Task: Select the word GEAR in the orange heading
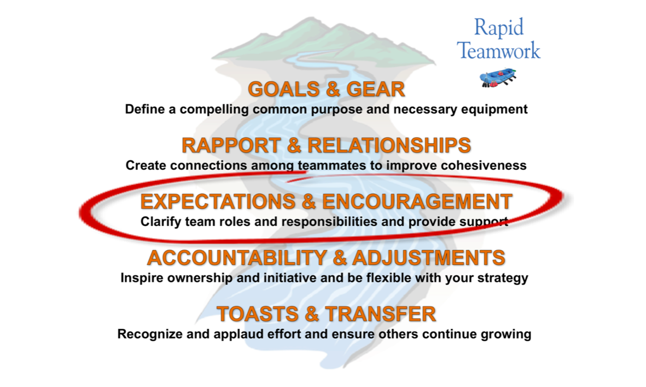(x=376, y=89)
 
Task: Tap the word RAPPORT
(x=231, y=146)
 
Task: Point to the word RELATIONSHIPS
(x=389, y=146)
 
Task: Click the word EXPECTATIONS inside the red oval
(x=218, y=201)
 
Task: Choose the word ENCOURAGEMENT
(x=417, y=201)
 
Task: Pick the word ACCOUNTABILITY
(x=237, y=258)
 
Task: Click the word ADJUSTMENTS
(x=429, y=258)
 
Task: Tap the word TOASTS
(x=258, y=314)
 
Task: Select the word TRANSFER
(x=381, y=314)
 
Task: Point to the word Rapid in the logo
(x=499, y=28)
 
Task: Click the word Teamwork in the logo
(x=498, y=50)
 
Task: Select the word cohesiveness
(x=484, y=165)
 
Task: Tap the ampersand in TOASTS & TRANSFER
(x=312, y=314)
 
